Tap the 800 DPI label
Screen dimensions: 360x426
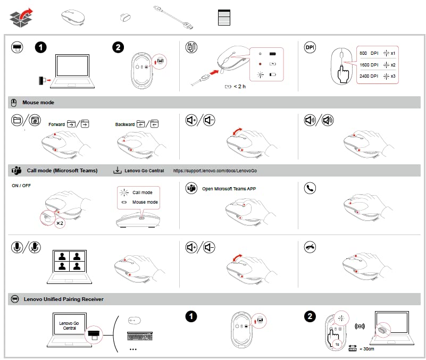point(369,54)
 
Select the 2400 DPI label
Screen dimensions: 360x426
point(369,77)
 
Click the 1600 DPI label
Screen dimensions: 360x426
point(369,65)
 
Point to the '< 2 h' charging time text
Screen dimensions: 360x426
point(238,87)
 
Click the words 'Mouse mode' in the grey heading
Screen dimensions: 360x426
point(38,102)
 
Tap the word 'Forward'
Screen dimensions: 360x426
point(56,124)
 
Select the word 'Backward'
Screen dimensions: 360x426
point(125,124)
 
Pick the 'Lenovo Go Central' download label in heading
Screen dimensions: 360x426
point(144,171)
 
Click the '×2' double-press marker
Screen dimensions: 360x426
point(60,223)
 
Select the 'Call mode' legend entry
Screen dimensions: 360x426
point(143,192)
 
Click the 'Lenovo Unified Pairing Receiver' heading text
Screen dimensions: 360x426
point(63,299)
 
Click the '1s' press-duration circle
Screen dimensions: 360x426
point(337,344)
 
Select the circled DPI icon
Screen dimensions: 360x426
point(310,47)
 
